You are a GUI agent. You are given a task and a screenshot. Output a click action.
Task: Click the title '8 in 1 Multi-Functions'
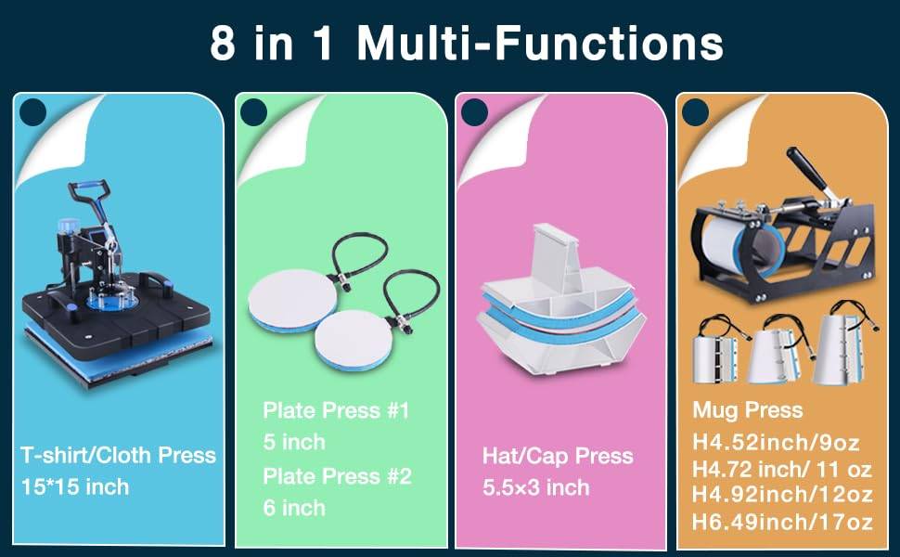click(x=466, y=43)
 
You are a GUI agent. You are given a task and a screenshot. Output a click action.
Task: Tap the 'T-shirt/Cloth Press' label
click(x=118, y=456)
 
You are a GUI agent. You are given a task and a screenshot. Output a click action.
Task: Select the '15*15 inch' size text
click(x=75, y=487)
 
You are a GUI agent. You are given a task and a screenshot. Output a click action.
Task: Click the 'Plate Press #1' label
click(x=336, y=410)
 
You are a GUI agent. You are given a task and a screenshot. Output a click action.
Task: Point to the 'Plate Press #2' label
click(x=337, y=476)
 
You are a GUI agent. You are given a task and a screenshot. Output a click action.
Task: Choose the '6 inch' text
click(x=294, y=508)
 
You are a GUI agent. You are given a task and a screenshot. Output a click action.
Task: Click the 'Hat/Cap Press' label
click(x=558, y=456)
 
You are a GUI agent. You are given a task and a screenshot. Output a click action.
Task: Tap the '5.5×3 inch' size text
click(x=536, y=487)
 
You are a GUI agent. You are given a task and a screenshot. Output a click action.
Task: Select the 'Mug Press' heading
click(x=748, y=410)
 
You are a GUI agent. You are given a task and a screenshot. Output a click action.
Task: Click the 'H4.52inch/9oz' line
click(x=776, y=442)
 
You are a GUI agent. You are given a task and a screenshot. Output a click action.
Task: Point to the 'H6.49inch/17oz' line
click(x=782, y=522)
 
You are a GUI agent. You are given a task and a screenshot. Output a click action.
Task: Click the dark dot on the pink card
click(x=474, y=111)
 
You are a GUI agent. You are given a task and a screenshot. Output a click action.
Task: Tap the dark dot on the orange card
click(x=696, y=111)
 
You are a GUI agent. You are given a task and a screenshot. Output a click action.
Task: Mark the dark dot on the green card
click(x=253, y=111)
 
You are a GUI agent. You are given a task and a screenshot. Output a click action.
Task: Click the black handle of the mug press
click(x=807, y=169)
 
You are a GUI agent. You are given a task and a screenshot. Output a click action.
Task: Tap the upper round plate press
click(x=292, y=301)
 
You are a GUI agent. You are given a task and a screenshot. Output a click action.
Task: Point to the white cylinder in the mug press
click(x=729, y=247)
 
